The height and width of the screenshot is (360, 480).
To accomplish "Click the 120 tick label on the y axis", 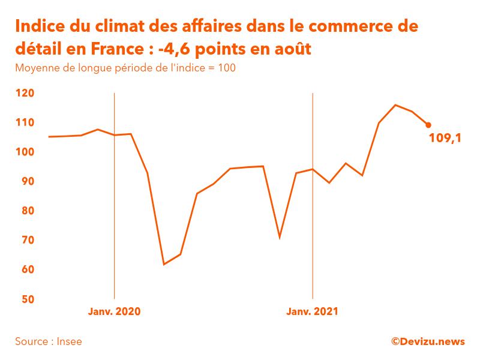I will [25, 93].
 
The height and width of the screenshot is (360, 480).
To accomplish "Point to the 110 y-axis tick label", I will [25, 122].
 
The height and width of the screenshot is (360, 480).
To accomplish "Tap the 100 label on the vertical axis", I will [25, 152].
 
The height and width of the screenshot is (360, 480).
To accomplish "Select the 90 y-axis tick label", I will [25, 181].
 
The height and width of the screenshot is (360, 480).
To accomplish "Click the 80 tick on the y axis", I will [25, 211].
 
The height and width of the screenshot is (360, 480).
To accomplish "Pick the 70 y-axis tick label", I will [25, 240].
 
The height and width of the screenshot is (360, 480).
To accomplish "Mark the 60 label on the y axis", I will [25, 269].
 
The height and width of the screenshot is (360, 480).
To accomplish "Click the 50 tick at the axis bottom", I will [25, 299].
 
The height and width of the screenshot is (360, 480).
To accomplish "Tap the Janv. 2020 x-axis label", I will [114, 311].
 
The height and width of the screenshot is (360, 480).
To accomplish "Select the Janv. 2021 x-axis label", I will [312, 311].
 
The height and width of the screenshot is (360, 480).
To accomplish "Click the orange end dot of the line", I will [428, 125].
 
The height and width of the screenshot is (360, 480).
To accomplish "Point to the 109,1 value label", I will [445, 139].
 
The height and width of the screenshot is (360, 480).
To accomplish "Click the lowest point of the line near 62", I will [164, 264].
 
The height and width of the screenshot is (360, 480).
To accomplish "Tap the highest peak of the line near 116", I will [395, 105].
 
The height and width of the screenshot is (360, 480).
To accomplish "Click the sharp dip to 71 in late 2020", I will [280, 238].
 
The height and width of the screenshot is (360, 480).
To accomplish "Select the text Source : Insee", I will [49, 341].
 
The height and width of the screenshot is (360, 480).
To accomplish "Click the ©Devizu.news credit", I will [428, 341].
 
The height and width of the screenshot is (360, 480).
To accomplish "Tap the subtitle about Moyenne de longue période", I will [125, 68].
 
